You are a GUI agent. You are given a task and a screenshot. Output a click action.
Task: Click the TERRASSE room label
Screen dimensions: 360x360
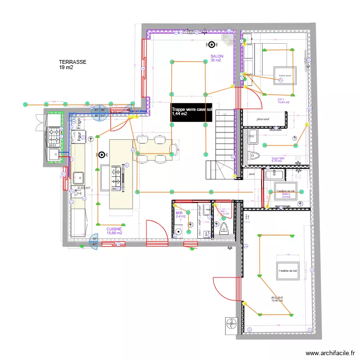click(x=72, y=65)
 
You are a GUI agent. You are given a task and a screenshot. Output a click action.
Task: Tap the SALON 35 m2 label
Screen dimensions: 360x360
click(x=216, y=58)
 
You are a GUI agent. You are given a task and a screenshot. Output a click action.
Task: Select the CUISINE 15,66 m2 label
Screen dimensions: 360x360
click(x=114, y=231)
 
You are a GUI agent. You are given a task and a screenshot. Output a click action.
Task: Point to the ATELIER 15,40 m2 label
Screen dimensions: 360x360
click(x=277, y=300)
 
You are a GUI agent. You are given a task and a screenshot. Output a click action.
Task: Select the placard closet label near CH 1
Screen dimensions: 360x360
click(x=262, y=119)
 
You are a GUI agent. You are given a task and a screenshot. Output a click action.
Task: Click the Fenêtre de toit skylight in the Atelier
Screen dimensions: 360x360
click(x=288, y=271)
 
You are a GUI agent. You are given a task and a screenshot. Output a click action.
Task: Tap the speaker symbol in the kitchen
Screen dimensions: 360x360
click(x=101, y=155)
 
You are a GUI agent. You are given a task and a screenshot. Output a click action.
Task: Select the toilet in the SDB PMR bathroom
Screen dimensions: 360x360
click(x=254, y=156)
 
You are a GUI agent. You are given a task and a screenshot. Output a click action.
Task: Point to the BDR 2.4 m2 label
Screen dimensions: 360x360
click(x=180, y=215)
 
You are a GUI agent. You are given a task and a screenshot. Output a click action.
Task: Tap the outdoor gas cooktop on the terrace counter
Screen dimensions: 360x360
click(x=54, y=136)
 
